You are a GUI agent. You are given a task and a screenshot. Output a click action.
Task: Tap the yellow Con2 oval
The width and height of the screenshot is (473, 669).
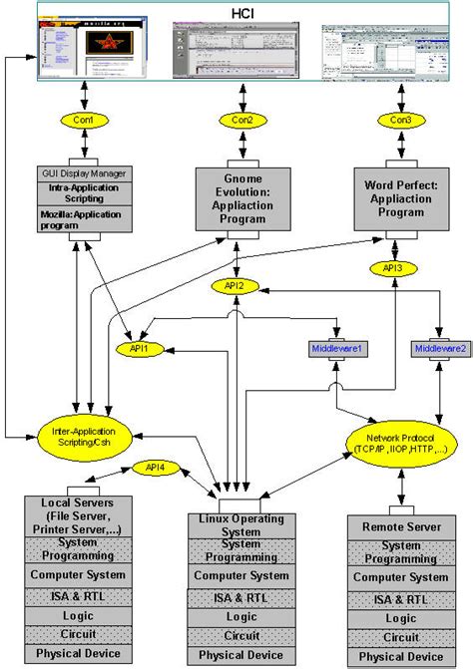tap(239, 120)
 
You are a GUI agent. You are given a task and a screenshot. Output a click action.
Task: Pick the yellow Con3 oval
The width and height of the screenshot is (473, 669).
tap(396, 120)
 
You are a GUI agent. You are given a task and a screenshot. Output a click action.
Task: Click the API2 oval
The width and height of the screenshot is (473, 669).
tap(233, 286)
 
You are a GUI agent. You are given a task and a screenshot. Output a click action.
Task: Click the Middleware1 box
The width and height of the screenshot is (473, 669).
tap(336, 349)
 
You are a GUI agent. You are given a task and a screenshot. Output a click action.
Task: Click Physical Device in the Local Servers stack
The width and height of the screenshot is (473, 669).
tap(77, 653)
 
